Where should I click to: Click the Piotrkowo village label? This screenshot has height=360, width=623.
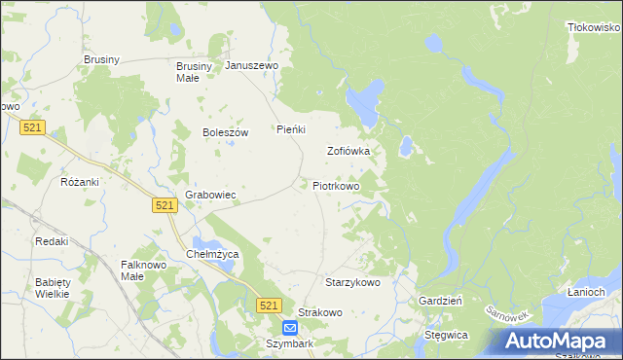pyautogui.click(x=336, y=185)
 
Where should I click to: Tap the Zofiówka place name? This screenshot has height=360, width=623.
pyautogui.click(x=348, y=151)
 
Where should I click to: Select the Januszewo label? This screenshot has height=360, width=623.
pyautogui.click(x=252, y=65)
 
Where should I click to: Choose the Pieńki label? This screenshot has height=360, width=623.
pyautogui.click(x=292, y=128)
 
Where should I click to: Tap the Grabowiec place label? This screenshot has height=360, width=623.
pyautogui.click(x=211, y=195)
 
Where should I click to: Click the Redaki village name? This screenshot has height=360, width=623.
pyautogui.click(x=52, y=240)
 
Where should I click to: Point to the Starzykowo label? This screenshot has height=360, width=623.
pyautogui.click(x=352, y=281)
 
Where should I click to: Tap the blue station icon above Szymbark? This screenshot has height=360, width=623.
pyautogui.click(x=290, y=329)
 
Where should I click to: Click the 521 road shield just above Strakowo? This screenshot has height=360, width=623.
pyautogui.click(x=271, y=306)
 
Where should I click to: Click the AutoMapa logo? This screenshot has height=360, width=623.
pyautogui.click(x=558, y=341)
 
